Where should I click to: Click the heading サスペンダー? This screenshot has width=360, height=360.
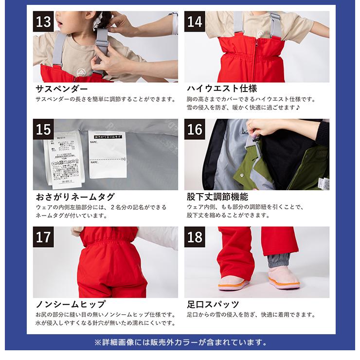pos(62,89)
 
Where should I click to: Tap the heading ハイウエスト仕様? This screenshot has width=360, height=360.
pos(222,89)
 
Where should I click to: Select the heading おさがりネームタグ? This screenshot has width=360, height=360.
pos(75,197)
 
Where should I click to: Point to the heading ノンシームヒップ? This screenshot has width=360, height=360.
pos(71,305)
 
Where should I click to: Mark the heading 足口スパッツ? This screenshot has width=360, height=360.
pos(213,305)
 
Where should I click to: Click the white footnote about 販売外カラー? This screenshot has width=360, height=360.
pos(180,342)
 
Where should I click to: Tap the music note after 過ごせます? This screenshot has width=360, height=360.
pos(298,108)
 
